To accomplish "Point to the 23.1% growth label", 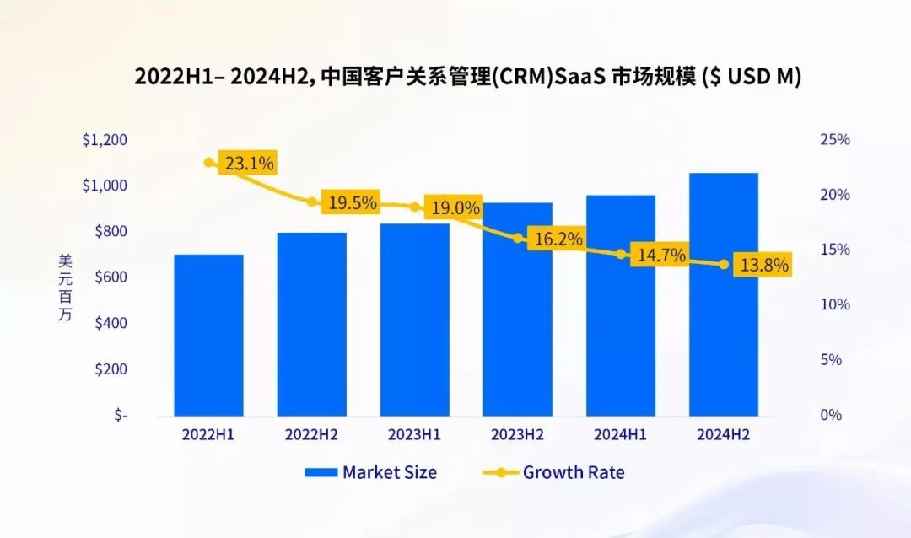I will pos(247,164).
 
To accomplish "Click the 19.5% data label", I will pos(353,203).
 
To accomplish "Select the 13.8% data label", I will pos(764,266).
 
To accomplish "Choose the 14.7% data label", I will pos(661,256).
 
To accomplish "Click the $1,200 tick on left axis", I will pos(105,140).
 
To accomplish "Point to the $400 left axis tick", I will pos(108,324).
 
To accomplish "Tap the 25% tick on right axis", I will pos(835,140).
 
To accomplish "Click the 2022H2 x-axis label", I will pos(311,435).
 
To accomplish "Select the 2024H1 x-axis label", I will pos(620,435).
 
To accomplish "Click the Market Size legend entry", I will pos(371,472).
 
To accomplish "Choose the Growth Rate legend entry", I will pos(554,472).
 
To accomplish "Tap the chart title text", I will pos(467,77).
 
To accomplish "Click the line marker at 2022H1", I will pos(209,162).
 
